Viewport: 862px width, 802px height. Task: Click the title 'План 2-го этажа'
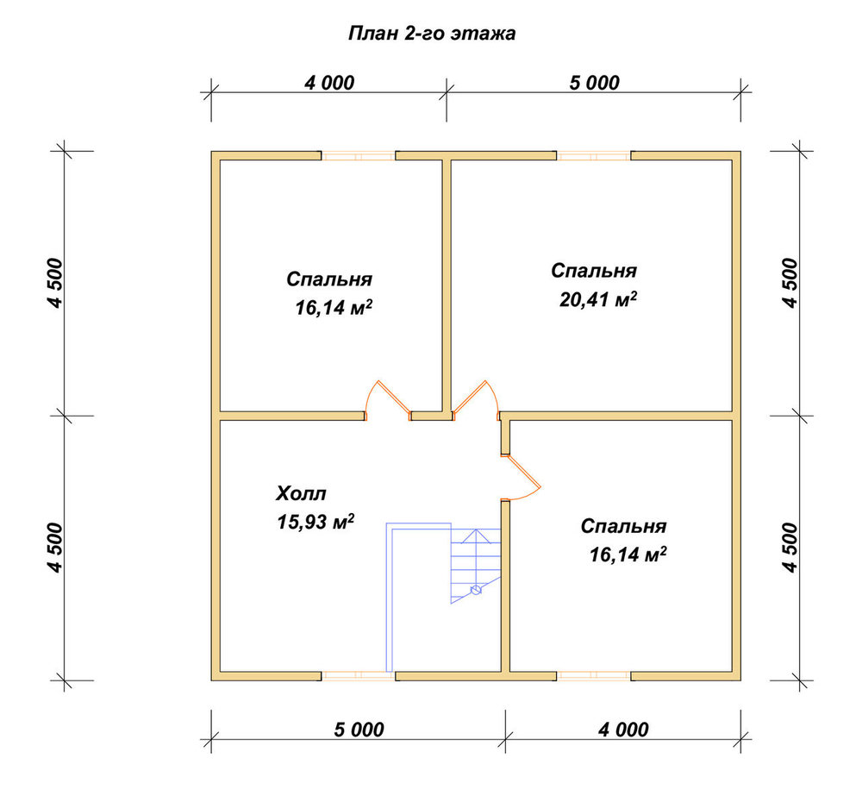(x=432, y=34)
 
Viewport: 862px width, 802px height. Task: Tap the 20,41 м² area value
(x=598, y=299)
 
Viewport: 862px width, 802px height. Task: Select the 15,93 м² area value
(x=315, y=522)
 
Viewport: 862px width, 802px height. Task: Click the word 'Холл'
(x=301, y=493)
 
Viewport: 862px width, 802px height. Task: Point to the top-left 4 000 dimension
(x=329, y=83)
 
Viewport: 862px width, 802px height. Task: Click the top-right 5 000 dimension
(x=594, y=83)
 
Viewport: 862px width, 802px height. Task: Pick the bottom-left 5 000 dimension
(x=359, y=730)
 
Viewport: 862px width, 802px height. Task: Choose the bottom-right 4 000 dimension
(x=623, y=730)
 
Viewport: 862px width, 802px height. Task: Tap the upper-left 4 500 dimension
(x=56, y=283)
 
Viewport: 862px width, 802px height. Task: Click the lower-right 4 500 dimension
(x=790, y=548)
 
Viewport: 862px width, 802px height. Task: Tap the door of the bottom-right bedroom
(x=522, y=478)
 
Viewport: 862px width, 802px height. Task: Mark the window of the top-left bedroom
(x=359, y=156)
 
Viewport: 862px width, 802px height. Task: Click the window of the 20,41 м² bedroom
(x=594, y=156)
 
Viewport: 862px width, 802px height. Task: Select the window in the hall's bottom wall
(x=359, y=676)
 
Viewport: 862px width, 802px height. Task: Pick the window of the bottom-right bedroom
(x=594, y=676)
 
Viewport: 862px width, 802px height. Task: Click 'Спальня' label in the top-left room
(x=329, y=279)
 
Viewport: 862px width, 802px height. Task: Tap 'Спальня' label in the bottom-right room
(x=623, y=526)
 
